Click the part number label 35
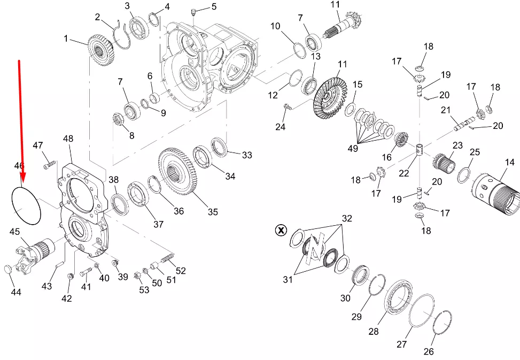click(x=213, y=212)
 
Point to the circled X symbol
click(x=281, y=231)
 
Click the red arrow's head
click(x=22, y=177)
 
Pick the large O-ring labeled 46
click(x=26, y=205)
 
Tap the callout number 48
click(x=68, y=139)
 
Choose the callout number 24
click(x=281, y=127)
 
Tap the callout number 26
click(x=429, y=351)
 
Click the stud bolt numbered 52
click(x=168, y=259)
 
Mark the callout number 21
click(x=446, y=110)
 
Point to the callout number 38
click(x=114, y=179)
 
